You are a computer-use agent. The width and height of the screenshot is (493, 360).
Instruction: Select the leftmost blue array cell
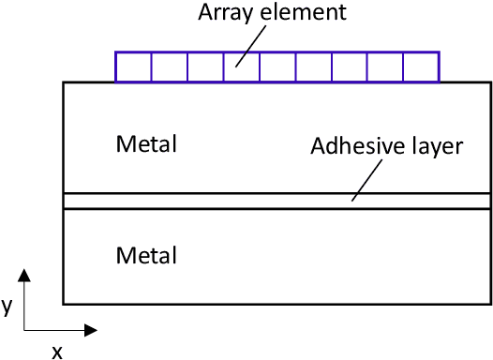(x=133, y=67)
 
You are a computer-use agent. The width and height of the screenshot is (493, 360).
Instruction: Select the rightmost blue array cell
(x=421, y=67)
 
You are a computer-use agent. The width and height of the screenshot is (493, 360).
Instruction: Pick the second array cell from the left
(x=169, y=67)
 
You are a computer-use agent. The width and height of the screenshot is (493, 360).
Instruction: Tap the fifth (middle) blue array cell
(x=277, y=67)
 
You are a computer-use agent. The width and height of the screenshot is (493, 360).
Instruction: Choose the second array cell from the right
(x=385, y=67)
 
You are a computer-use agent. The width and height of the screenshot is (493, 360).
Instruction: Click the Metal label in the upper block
(x=146, y=144)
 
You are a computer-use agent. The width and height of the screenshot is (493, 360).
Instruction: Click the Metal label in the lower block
(x=146, y=254)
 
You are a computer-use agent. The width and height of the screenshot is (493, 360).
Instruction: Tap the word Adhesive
(x=351, y=146)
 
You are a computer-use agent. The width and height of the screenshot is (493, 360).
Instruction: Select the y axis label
(x=7, y=307)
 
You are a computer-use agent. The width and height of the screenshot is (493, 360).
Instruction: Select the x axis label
(x=56, y=352)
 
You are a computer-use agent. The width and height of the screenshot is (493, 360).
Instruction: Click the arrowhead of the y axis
(x=25, y=275)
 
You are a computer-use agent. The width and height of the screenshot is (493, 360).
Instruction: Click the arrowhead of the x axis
(x=91, y=330)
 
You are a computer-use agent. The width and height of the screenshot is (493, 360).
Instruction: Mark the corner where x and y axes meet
(x=25, y=330)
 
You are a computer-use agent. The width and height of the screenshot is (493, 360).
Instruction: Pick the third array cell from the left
(x=205, y=67)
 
